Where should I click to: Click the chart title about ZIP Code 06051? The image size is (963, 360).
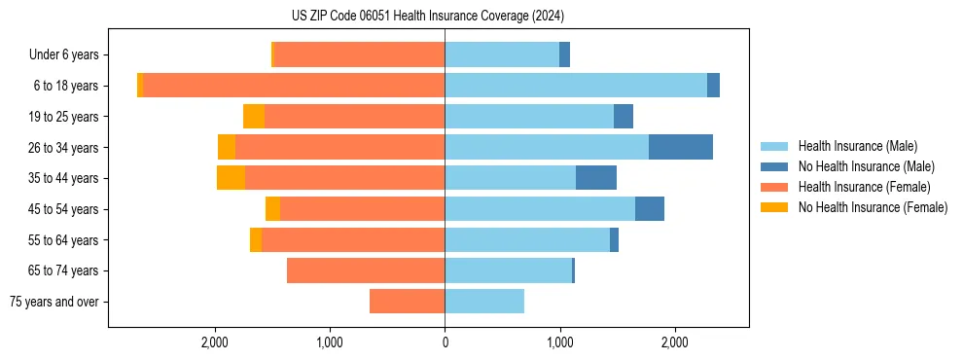coord(427,17)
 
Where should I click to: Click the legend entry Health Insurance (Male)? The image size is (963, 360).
coord(857,146)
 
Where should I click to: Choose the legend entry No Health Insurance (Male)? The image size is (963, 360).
coord(866,166)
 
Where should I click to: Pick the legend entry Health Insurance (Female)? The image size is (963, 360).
coord(864,187)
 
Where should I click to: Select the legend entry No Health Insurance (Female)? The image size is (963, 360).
coord(873,207)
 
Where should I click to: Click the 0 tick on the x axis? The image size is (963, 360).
coord(445,342)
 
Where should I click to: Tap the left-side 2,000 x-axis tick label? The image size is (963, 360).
coord(214,342)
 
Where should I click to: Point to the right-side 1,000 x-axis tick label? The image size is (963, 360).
coord(559,342)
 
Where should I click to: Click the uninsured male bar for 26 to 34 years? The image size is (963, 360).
coord(681,147)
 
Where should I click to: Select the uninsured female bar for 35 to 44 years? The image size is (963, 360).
coord(231,178)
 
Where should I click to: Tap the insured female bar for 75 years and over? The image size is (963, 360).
coord(407,302)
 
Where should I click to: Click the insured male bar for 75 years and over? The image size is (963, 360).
coord(484,302)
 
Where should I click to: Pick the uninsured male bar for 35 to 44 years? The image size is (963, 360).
coord(596,178)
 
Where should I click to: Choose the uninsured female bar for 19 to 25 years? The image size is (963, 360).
coord(254,117)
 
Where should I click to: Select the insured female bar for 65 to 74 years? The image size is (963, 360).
coord(366,270)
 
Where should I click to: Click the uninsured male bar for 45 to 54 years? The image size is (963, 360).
coord(650,209)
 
